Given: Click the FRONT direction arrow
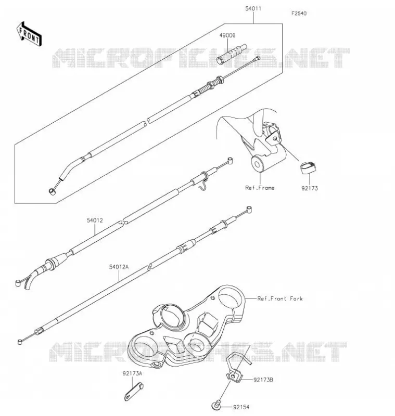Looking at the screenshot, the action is tap(29, 34).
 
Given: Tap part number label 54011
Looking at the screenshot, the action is tap(253, 8).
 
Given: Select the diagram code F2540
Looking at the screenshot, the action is tap(299, 14).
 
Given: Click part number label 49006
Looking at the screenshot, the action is tap(227, 35).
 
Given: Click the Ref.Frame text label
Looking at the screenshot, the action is tap(260, 188).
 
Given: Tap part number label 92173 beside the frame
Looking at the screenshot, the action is tap(310, 188).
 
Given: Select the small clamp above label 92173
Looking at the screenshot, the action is tap(308, 167).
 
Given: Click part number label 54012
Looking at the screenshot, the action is tap(95, 220).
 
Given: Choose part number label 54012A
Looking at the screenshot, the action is tap(119, 267).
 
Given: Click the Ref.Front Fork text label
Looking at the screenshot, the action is tap(280, 298).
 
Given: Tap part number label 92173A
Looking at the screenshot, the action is tap(132, 373).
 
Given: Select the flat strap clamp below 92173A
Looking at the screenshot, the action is tap(133, 392).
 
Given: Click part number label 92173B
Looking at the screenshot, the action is tap(263, 380).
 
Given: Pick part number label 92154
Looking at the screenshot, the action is tap(241, 407).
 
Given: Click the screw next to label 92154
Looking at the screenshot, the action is tap(216, 405).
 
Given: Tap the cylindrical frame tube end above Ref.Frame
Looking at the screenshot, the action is tap(257, 164).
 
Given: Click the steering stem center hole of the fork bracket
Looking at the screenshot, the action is tap(172, 317).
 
